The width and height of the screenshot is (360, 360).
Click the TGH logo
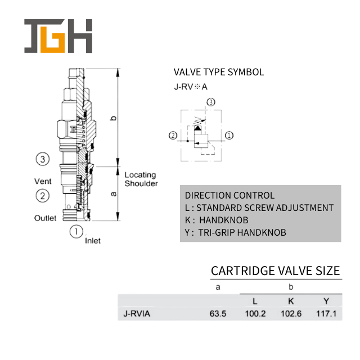point(58,37)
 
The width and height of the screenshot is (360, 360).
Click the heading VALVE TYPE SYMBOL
point(218,72)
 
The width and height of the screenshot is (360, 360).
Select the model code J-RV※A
point(190,87)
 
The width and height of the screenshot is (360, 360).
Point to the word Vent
point(43,181)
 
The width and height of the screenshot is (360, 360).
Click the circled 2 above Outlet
point(43,196)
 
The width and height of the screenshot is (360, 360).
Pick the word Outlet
point(45,218)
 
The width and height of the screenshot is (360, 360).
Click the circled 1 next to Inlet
point(76,231)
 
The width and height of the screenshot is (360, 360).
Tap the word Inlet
point(93,241)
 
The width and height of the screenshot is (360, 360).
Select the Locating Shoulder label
point(141,179)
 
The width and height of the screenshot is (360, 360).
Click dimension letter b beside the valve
point(114,118)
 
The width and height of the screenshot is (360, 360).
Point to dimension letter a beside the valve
point(114,194)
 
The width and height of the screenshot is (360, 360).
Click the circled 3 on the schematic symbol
point(211,102)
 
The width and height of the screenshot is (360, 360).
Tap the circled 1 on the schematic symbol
point(229,136)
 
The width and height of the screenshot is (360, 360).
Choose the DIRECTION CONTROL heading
point(229,196)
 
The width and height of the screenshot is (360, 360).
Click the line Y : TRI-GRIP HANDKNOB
point(235,232)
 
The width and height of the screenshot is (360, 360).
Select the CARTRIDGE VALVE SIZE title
point(275,271)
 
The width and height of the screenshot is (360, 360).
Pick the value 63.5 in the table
point(217,314)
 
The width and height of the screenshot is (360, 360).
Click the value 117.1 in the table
point(326,314)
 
